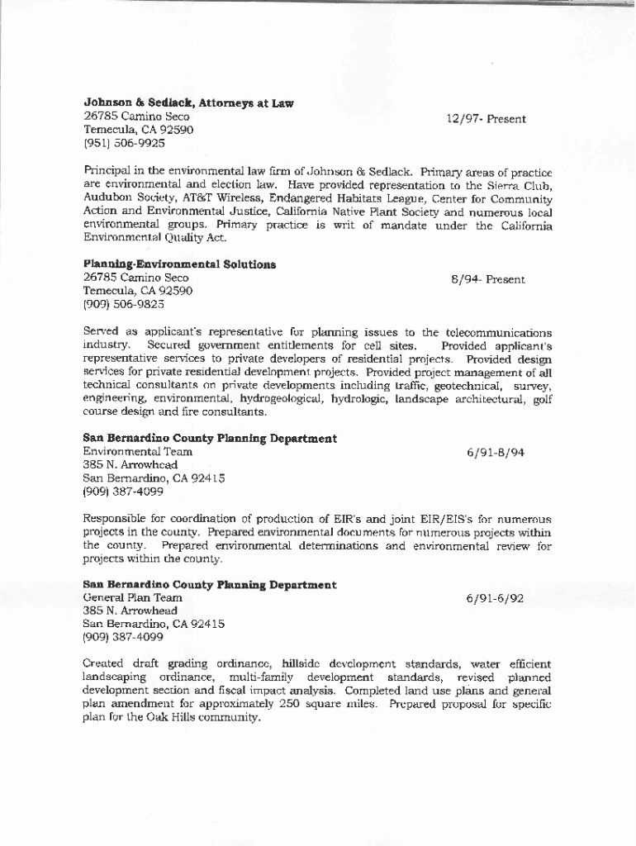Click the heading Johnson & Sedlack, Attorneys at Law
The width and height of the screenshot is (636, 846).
pyautogui.click(x=188, y=103)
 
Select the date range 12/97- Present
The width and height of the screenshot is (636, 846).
pyautogui.click(x=486, y=119)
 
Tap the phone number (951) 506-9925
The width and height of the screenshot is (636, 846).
pyautogui.click(x=124, y=143)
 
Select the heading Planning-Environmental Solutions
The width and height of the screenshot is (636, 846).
pyautogui.click(x=179, y=264)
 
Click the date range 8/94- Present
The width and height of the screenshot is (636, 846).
pyautogui.click(x=487, y=279)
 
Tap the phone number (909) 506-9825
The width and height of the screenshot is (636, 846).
pyautogui.click(x=124, y=304)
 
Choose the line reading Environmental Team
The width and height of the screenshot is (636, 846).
pyautogui.click(x=138, y=451)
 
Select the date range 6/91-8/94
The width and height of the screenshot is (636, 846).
pyautogui.click(x=495, y=452)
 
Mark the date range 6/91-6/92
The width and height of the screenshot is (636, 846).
pyautogui.click(x=495, y=598)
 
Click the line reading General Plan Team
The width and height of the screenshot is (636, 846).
pyautogui.click(x=133, y=597)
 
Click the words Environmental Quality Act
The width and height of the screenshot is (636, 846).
pyautogui.click(x=154, y=238)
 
